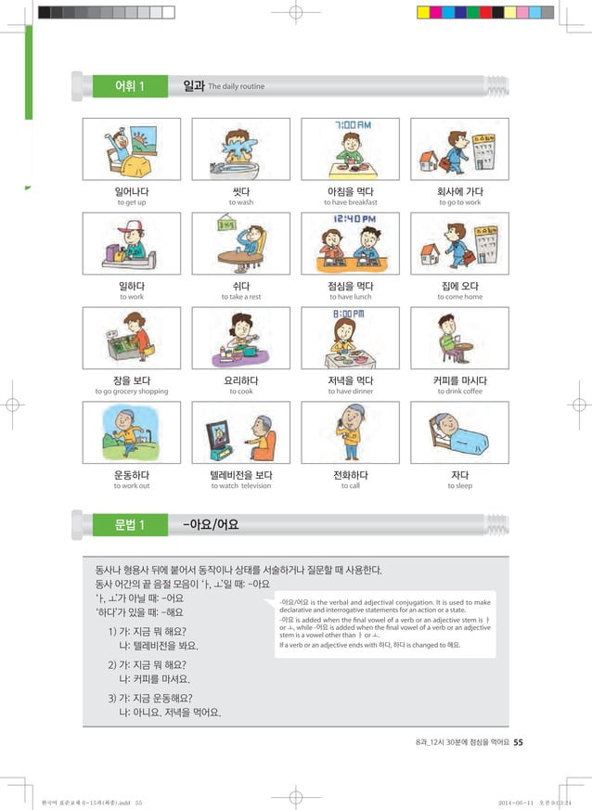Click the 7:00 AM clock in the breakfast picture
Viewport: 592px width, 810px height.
click(x=352, y=125)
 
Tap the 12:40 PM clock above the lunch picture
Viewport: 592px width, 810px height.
click(x=352, y=220)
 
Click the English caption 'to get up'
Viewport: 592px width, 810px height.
click(x=131, y=202)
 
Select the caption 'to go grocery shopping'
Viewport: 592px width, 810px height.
click(x=131, y=392)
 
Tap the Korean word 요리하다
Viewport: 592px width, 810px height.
click(x=240, y=379)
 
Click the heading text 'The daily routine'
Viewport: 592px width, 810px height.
click(x=237, y=87)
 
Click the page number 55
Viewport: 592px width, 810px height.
click(x=518, y=741)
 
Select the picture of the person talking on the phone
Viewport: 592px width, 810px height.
click(x=351, y=432)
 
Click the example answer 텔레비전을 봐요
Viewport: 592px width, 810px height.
click(x=159, y=645)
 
